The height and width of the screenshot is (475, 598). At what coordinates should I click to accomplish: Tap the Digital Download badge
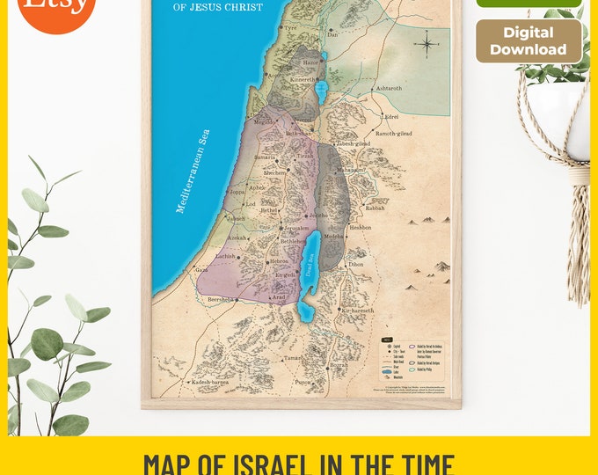pyautogui.click(x=529, y=41)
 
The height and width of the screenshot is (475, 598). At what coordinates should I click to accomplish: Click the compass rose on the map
pyautogui.click(x=427, y=43)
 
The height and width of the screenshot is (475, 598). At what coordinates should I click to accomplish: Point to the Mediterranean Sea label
pyautogui.click(x=193, y=172)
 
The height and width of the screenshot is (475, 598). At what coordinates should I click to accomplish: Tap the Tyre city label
pyautogui.click(x=290, y=27)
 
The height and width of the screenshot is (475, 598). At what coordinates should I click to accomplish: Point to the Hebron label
pyautogui.click(x=279, y=261)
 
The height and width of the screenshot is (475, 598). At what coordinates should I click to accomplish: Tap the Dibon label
pyautogui.click(x=355, y=264)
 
